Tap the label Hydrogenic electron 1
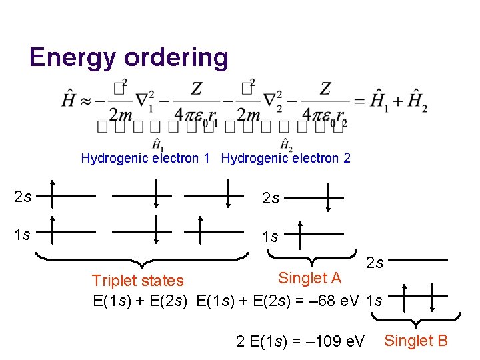[x=145, y=158]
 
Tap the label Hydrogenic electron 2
[x=285, y=158]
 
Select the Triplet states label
[x=137, y=281]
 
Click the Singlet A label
[x=309, y=277]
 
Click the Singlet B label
[x=416, y=341]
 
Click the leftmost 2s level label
[x=23, y=197]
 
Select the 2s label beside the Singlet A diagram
[x=271, y=198]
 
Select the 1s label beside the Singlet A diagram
[x=271, y=237]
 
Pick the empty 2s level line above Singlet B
[x=421, y=260]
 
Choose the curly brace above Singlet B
[x=417, y=321]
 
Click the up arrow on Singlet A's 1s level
[x=300, y=235]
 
